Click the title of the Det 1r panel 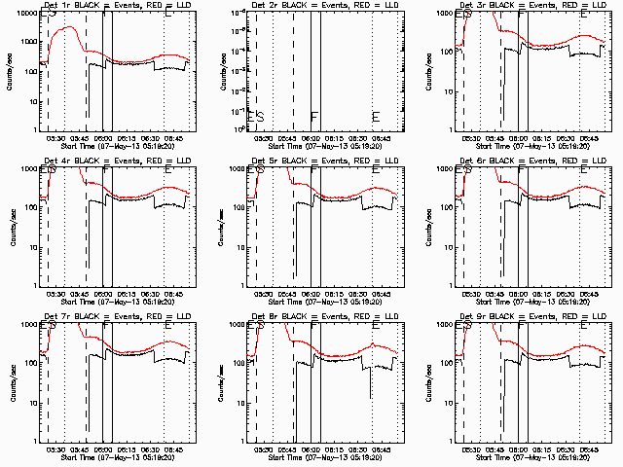[118, 6]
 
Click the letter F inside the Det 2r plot [313, 117]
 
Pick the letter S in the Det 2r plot [260, 117]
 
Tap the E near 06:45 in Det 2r [376, 117]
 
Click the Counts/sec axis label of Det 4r [11, 226]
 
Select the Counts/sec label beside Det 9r [427, 381]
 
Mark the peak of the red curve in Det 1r [70, 28]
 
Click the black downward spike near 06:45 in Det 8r [370, 394]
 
